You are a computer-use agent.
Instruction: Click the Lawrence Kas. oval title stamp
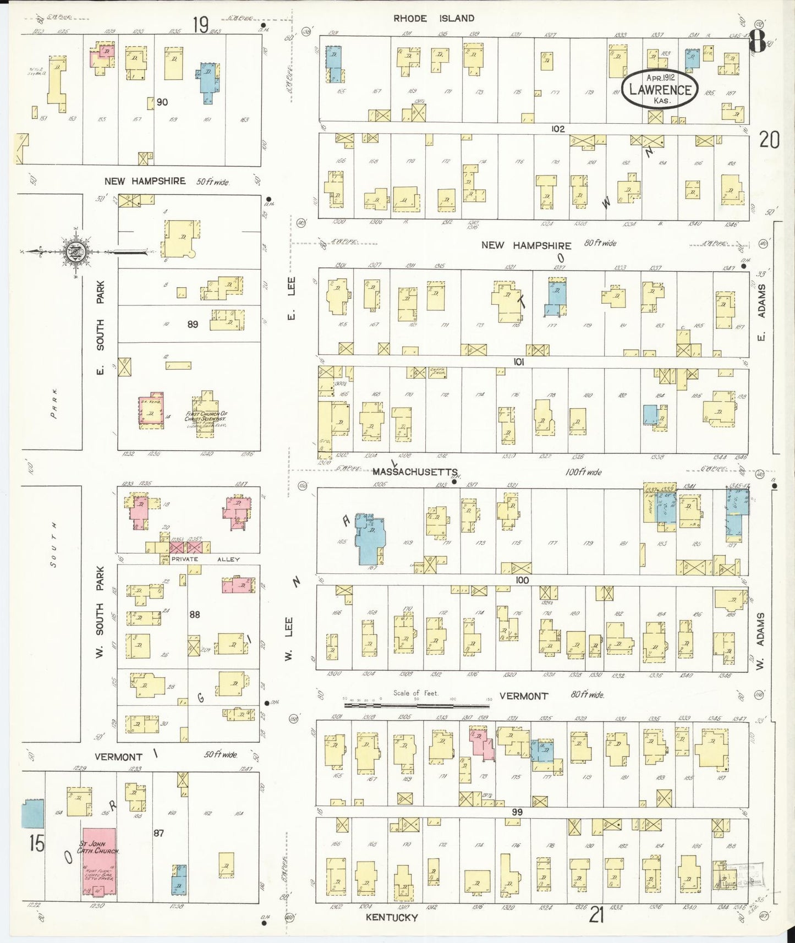(660, 89)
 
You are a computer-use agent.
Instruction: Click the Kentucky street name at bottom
(392, 917)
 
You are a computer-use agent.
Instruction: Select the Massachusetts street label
(415, 472)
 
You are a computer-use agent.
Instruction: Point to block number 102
(557, 129)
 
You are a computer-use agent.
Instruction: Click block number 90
(162, 102)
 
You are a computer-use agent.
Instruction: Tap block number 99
(517, 812)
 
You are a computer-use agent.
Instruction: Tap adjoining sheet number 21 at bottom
(597, 915)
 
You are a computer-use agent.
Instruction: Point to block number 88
(194, 614)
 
